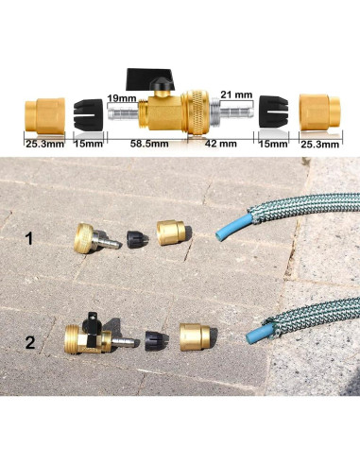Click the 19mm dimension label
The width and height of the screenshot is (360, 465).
pyautogui.click(x=120, y=97)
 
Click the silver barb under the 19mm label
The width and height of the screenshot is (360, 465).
pyautogui.click(x=121, y=115)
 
